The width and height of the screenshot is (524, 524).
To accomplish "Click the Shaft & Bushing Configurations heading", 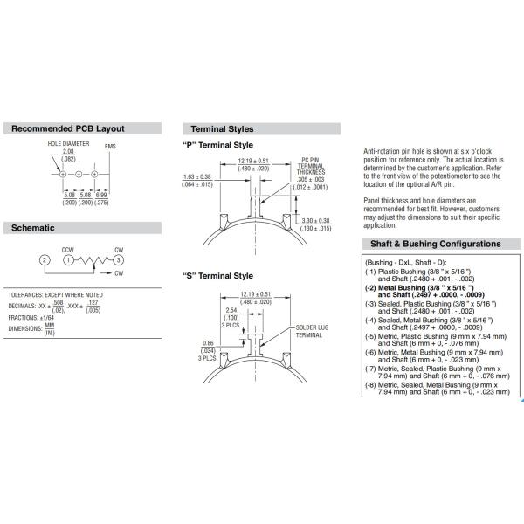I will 438,244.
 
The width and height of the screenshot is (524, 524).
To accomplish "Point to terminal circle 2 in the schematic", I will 44,261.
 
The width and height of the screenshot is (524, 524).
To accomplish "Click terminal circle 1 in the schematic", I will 68,261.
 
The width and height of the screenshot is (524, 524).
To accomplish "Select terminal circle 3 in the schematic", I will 117,261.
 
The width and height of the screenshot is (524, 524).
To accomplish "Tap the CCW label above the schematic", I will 67,250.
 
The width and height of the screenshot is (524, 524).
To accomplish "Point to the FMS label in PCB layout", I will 110,146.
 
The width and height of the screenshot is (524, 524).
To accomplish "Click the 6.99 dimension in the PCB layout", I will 102,194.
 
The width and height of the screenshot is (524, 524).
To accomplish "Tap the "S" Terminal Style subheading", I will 217,275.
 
